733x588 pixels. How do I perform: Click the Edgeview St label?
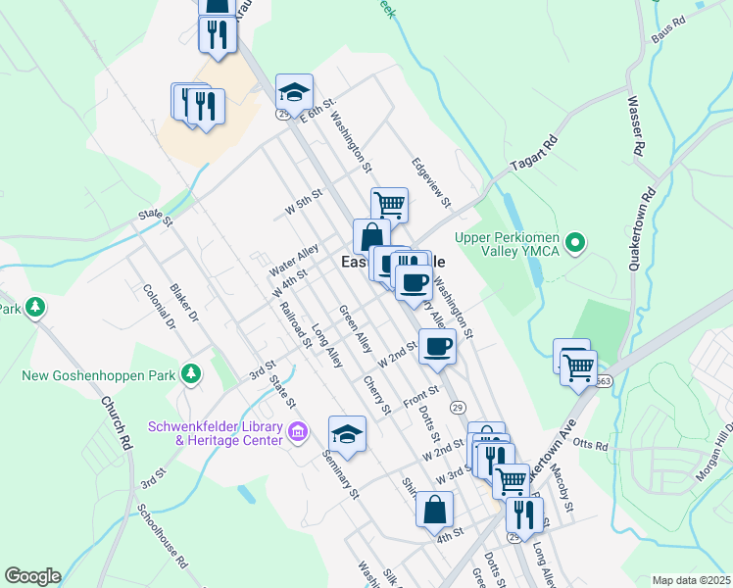[x=430, y=182]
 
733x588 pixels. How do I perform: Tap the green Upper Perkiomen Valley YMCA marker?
[x=577, y=240]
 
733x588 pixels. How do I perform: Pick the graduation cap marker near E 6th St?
[x=294, y=92]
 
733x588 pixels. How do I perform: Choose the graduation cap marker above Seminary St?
[x=347, y=433]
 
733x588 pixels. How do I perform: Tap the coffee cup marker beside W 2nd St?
[x=437, y=346]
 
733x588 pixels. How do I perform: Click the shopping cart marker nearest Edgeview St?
[x=389, y=206]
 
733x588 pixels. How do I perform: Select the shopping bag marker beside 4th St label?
[x=434, y=510]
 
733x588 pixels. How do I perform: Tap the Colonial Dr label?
[x=157, y=306]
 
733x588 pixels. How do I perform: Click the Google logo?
[x=31, y=576]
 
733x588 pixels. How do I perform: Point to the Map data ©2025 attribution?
[x=690, y=580]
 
